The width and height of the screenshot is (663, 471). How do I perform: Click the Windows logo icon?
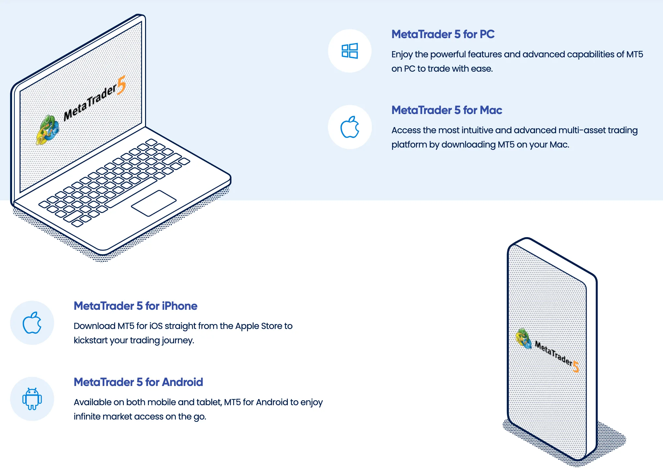pos(350,51)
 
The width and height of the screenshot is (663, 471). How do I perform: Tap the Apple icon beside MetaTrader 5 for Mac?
pos(350,127)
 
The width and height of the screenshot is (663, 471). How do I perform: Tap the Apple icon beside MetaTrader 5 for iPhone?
pos(32,323)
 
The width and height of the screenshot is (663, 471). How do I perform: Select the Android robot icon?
pos(32,399)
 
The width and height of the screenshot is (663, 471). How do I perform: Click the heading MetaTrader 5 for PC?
pos(443,34)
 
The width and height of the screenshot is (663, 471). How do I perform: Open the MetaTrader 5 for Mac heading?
pos(447,110)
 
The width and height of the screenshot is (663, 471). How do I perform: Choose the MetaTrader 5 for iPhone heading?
pos(136,306)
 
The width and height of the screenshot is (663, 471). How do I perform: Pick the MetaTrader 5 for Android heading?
pos(139,382)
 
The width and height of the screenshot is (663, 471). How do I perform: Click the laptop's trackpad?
pos(154,203)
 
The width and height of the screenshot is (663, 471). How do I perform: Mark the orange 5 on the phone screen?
pos(576,367)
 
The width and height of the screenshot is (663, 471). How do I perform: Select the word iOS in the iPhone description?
pos(156,326)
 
